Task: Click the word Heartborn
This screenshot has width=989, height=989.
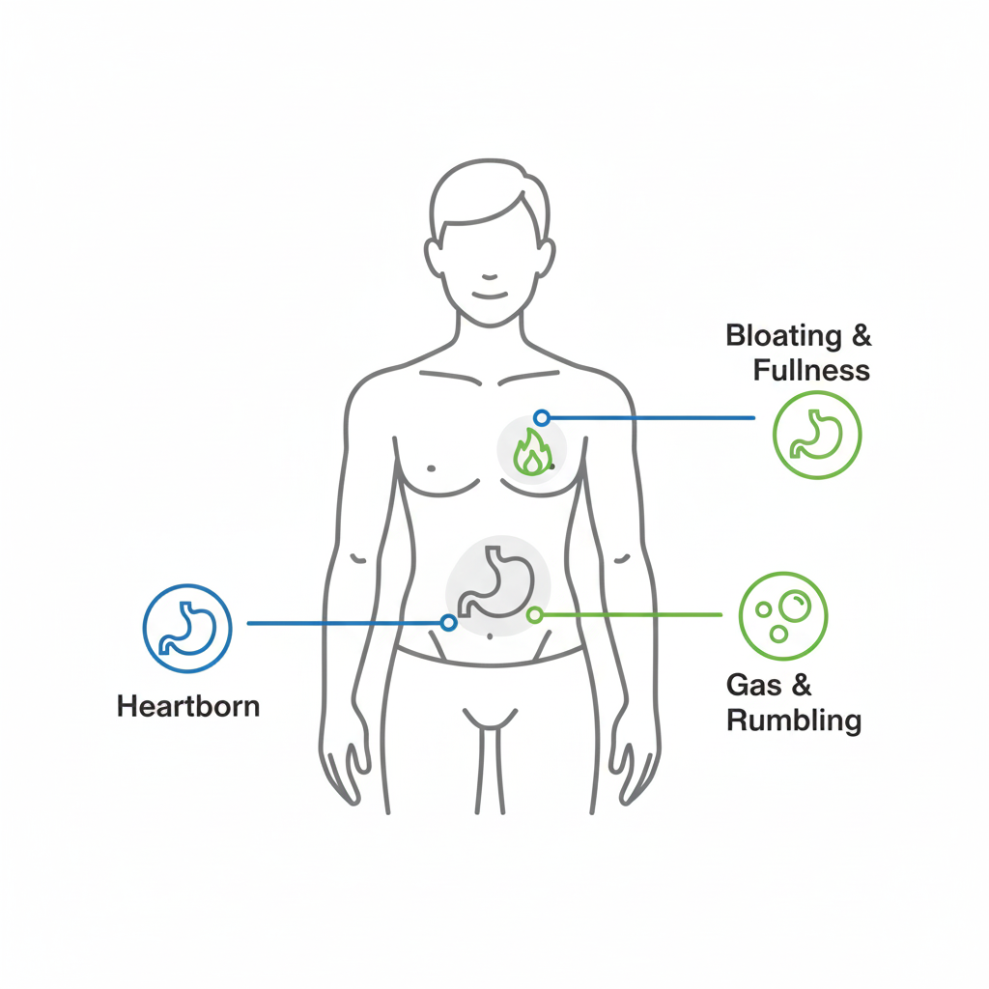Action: coord(188,706)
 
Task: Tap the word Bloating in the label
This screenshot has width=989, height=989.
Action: coord(782,336)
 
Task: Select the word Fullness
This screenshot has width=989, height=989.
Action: coord(811,369)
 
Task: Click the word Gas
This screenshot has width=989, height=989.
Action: coord(754,686)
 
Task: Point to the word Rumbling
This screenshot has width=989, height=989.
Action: coord(793,721)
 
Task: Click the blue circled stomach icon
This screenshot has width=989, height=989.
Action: coord(186,628)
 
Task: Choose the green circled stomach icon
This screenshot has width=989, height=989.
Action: coord(817,435)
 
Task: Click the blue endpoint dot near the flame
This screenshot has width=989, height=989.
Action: coord(542,418)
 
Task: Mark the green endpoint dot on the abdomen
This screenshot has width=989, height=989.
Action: coord(533,614)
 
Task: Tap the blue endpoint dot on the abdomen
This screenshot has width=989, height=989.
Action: coord(448,623)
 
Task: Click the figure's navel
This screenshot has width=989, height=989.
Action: coord(491,636)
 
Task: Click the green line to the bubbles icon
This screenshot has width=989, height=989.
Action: coord(628,614)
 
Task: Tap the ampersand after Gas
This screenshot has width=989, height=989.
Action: coord(802,686)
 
